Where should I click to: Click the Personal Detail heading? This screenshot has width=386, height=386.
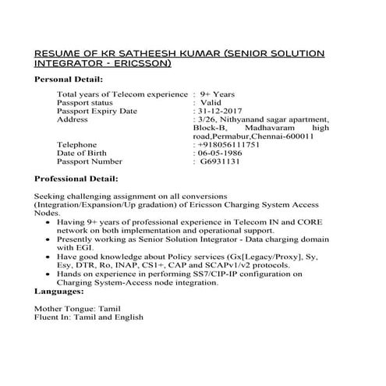[x=69, y=80]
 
